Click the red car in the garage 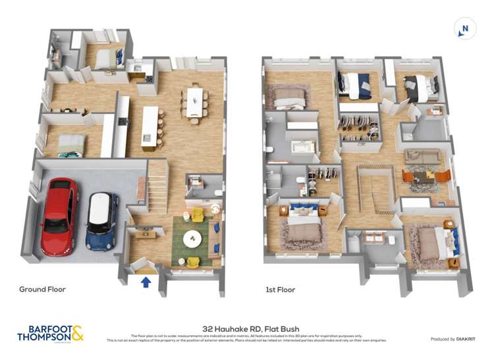click(59, 215)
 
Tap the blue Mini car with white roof click(102, 220)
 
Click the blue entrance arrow click(146, 282)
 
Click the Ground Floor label click(42, 289)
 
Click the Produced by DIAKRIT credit click(452, 339)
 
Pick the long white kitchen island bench click(150, 127)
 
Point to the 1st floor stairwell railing click(374, 188)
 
